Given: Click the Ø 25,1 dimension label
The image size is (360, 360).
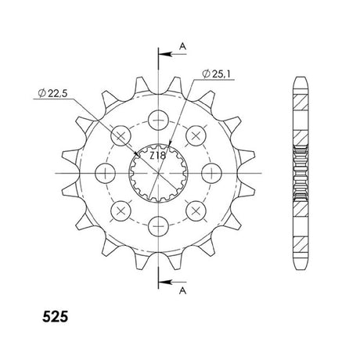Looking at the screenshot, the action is click(216, 74).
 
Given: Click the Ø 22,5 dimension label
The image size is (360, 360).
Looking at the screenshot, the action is click(52, 93).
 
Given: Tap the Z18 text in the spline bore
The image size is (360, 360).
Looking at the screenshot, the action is click(157, 156).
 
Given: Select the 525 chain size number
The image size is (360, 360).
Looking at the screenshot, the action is click(55, 317).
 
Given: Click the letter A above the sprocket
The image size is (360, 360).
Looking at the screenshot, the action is click(183, 46).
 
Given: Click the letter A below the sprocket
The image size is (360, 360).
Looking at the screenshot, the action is click(183, 290).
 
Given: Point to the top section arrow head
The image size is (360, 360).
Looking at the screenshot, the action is click(165, 54).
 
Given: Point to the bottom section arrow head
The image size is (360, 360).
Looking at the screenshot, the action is click(165, 283).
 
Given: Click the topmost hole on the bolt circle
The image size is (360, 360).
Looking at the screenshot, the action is click(158, 120).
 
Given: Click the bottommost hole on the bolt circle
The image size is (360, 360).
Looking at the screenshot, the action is click(158, 226).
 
